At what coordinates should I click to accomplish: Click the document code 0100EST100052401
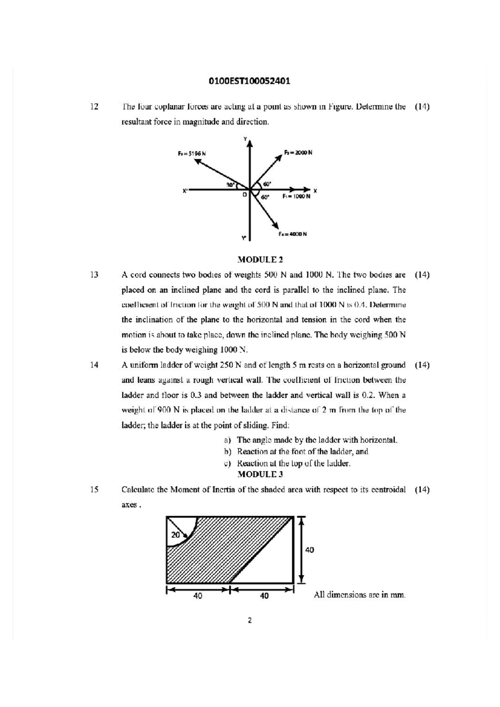tap(249, 81)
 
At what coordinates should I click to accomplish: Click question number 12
tap(95, 107)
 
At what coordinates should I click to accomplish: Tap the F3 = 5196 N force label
tap(192, 153)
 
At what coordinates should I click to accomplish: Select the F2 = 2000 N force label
tap(298, 153)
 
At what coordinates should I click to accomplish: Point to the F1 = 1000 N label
tap(296, 196)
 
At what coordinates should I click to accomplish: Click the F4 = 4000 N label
tap(293, 234)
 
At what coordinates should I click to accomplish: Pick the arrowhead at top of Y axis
tap(250, 144)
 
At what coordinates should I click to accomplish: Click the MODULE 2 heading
tap(260, 260)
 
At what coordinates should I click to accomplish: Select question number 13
tap(95, 275)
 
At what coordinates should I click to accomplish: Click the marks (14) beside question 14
tap(422, 365)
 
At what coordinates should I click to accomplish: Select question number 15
tap(95, 490)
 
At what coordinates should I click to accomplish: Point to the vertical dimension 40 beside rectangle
tap(310, 550)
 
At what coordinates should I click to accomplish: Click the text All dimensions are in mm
tap(360, 595)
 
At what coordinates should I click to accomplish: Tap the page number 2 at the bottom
tap(250, 620)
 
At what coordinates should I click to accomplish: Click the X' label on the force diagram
tap(185, 191)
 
